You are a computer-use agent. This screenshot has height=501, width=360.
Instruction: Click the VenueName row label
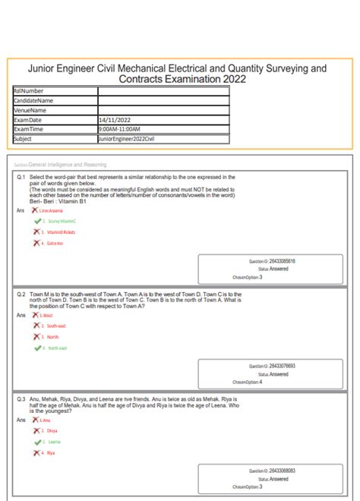pos(30,110)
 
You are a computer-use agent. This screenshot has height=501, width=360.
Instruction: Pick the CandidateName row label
pos(33,100)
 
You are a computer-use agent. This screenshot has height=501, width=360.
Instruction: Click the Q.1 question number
pos(21,176)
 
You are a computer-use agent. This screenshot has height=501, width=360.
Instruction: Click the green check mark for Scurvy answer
pos(36,220)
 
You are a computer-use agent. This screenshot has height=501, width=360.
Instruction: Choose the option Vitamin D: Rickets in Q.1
pos(61,232)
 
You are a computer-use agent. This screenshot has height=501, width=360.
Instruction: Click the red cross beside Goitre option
pos(36,243)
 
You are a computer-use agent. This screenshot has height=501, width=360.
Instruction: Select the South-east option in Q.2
pos(56,325)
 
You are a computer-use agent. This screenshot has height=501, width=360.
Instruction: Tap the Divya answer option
pos(52,430)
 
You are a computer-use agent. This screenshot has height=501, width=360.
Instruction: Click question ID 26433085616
pos(282,261)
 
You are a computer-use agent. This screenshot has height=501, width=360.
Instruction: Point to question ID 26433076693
pos(282,366)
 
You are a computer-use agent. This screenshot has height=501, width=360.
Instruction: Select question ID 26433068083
pos(282,471)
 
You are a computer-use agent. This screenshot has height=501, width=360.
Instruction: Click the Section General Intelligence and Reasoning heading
pos(64,164)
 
